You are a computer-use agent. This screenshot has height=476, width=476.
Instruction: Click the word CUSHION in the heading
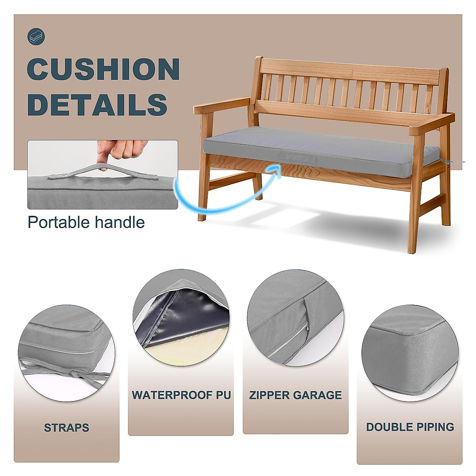coord(103,69)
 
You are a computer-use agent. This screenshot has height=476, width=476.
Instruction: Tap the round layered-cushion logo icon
coord(36,37)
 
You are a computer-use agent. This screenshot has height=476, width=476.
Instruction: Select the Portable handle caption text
coord(86,222)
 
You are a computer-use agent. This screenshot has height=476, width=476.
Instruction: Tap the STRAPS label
coord(66,428)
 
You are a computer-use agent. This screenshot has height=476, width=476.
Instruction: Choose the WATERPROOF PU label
coord(181,395)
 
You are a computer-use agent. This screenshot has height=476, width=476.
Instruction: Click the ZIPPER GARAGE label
coord(296,395)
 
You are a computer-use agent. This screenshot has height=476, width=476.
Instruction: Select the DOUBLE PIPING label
coord(410,427)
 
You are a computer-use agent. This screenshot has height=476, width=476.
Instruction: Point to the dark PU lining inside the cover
coord(186,317)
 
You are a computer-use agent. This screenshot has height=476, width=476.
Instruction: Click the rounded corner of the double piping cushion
coord(381,337)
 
